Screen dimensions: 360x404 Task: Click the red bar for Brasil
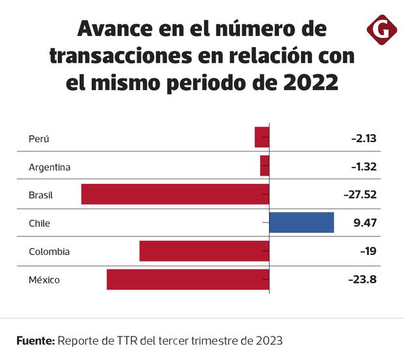tap(175, 194)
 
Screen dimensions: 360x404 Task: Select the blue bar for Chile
tap(301, 222)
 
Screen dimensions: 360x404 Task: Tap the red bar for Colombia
tap(204, 251)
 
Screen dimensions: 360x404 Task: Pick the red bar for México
tap(188, 280)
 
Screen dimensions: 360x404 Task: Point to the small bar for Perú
tap(261, 138)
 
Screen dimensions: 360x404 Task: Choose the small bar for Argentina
tap(265, 166)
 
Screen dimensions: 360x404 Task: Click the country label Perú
tap(39, 138)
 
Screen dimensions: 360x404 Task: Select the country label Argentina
tap(50, 167)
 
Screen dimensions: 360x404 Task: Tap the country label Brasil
tap(40, 195)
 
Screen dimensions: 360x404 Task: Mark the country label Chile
tap(39, 223)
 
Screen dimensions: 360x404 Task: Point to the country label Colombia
tap(49, 252)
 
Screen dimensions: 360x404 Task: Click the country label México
tap(44, 280)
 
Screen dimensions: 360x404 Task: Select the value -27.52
tap(360, 194)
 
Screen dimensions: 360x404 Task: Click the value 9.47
tap(366, 222)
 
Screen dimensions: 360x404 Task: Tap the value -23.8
tap(363, 280)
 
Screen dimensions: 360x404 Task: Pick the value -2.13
tap(364, 138)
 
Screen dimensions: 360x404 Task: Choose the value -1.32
tap(364, 166)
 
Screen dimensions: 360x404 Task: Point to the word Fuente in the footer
tap(35, 340)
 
